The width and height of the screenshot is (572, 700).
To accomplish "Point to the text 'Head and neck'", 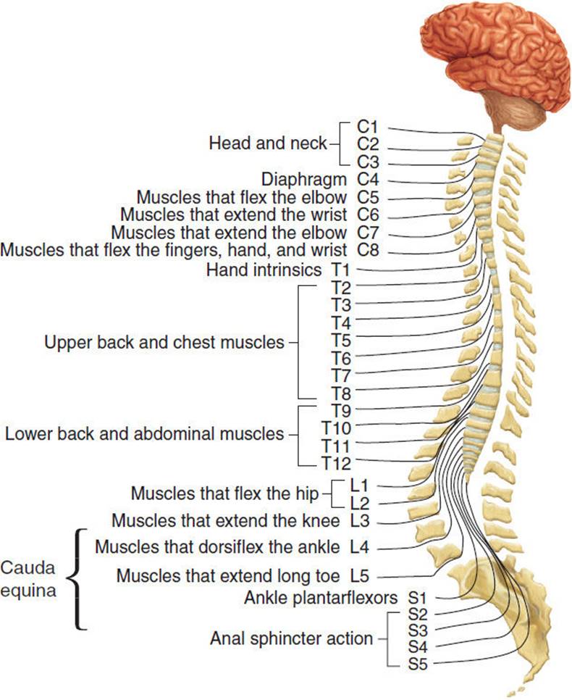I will (x=268, y=143).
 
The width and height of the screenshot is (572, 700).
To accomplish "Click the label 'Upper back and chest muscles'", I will (x=165, y=341).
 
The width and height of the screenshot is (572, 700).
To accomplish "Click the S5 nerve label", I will (x=419, y=662).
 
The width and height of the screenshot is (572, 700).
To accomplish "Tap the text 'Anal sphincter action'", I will (x=292, y=638).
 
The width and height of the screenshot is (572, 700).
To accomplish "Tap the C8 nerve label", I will (x=369, y=251).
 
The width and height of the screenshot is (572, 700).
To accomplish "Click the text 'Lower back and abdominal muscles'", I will (x=145, y=434).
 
